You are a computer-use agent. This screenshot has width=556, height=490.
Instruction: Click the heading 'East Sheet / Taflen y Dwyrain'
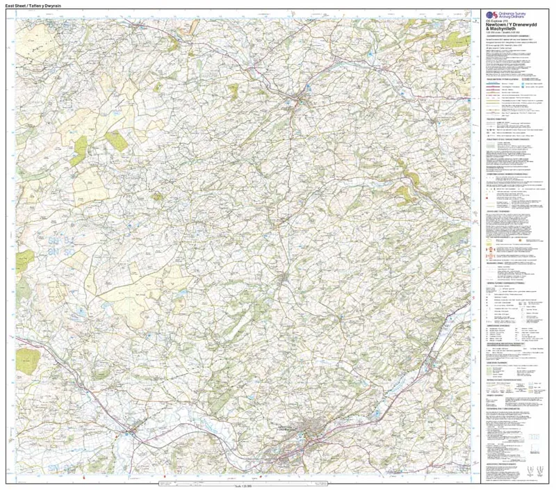click(x=34, y=5)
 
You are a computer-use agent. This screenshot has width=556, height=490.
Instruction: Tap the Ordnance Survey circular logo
click(x=490, y=15)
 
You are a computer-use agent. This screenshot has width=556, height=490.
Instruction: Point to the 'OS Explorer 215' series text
click(x=493, y=21)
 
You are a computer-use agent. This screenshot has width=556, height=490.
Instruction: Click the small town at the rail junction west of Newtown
click(x=132, y=432)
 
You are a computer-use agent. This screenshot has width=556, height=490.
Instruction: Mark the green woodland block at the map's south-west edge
click(x=28, y=359)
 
